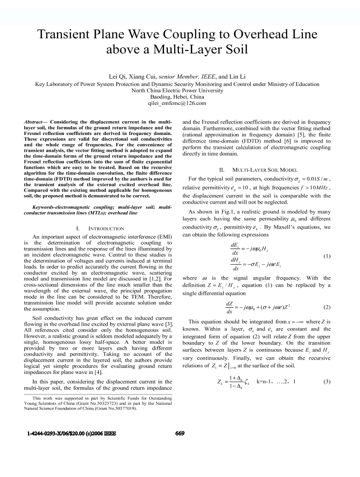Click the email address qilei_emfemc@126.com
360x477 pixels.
point(180,103)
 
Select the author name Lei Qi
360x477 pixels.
point(119,76)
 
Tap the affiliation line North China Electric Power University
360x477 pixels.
point(180,90)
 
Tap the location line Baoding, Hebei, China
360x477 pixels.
point(180,96)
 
